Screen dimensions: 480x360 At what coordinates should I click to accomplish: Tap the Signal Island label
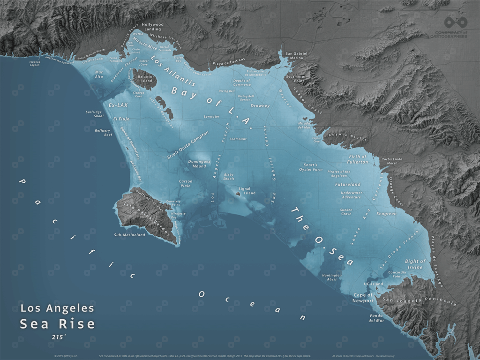tap(247, 191)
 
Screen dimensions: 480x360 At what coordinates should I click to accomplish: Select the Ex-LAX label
tap(118, 105)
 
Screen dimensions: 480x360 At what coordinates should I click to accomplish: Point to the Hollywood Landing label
tap(152, 27)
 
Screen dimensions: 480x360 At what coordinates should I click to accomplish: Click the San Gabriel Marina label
tap(297, 56)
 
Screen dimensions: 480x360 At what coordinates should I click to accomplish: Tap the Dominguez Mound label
tap(197, 164)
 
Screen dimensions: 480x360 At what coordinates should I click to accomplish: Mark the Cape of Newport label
tap(363, 298)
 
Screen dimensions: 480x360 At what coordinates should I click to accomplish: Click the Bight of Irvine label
tap(415, 264)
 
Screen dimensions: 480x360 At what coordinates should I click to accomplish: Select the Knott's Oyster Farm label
tap(311, 167)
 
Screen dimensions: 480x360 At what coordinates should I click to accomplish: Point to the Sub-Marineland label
tap(130, 235)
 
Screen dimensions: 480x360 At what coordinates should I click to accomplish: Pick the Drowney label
tap(260, 106)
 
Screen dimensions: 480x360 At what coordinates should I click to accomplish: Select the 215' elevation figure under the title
tap(58, 337)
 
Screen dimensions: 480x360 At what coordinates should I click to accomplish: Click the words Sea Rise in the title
tap(57, 324)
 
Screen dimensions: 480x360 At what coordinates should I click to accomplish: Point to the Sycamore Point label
tap(295, 78)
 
